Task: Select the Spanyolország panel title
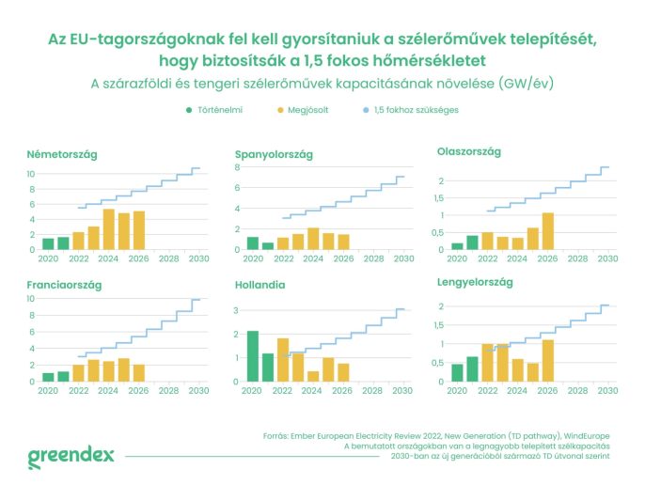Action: point(275,154)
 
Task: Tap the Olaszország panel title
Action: point(469,151)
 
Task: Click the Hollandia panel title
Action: point(263,284)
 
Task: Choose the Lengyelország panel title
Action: point(476,281)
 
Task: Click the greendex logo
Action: point(71,456)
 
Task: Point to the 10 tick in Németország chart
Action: point(31,174)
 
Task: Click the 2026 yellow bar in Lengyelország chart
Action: point(548,360)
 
